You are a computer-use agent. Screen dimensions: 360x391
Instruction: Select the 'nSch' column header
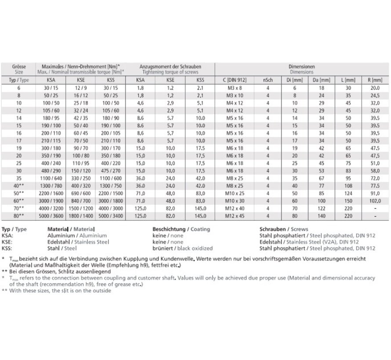coord(268,80)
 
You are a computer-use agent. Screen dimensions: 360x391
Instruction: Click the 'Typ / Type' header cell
coord(18,80)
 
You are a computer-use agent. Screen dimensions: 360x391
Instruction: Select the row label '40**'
coord(18,186)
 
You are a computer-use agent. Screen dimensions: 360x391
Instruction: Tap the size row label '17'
coord(18,140)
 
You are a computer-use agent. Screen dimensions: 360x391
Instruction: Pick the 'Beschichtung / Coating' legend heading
coord(181,229)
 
